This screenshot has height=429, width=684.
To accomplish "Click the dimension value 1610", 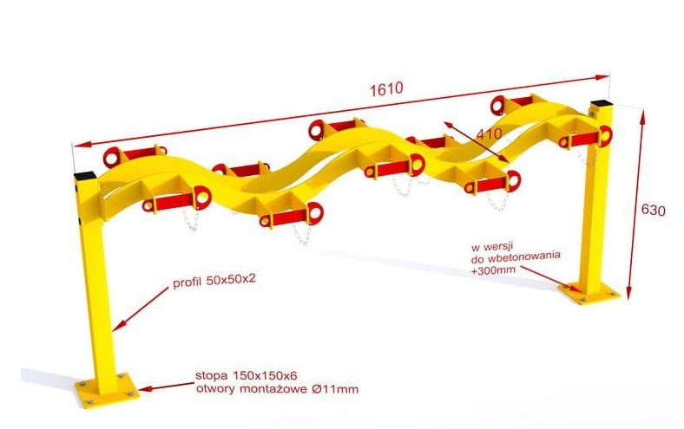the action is point(386,89).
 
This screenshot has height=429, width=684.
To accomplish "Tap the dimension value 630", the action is point(653,211).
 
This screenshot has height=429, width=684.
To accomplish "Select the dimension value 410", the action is point(489,133).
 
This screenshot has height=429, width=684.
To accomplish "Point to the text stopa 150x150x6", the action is point(247,375).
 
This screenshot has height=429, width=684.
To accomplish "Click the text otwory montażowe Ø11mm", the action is point(277,389).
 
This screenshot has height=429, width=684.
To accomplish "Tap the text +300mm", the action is point(493,270).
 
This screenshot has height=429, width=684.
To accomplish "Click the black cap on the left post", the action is point(85,176).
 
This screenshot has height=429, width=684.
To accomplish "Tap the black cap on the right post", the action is point(602,104).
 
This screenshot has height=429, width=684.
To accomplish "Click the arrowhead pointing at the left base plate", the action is point(145,388).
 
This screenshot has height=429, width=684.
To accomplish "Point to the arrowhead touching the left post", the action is point(118,325).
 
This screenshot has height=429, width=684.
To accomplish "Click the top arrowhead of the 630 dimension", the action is point(641,116).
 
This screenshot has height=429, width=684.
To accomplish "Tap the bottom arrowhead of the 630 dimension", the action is point(628,293).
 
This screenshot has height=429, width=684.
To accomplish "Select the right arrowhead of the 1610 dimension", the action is point(602,77).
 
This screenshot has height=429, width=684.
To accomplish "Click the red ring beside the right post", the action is point(605,135).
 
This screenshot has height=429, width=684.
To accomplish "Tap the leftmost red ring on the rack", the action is point(112,157).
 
